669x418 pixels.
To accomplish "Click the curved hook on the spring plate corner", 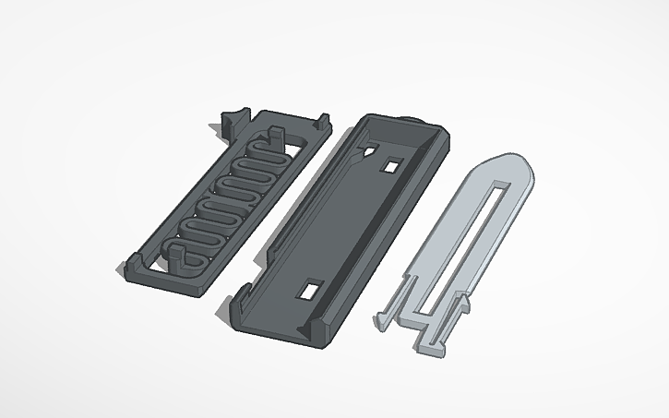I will (230, 120).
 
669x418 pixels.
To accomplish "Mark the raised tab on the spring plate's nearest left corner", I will (127, 270).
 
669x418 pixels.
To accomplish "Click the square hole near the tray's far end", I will (391, 166).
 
